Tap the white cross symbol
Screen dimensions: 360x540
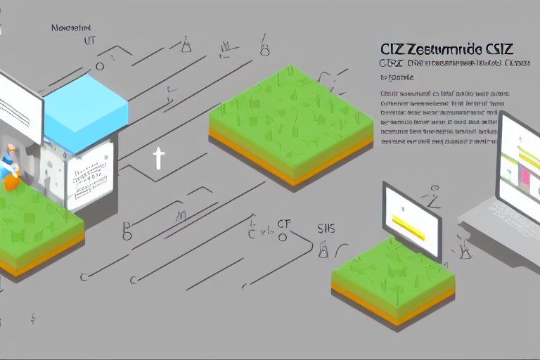click(x=158, y=159)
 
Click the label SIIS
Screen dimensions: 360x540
click(x=326, y=228)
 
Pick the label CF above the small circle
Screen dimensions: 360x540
click(x=283, y=224)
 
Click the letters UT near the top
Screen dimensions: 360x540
click(x=89, y=41)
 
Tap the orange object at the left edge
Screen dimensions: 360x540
click(x=11, y=181)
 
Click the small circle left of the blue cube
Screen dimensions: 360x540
click(x=100, y=66)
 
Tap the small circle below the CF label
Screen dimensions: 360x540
click(x=283, y=237)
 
